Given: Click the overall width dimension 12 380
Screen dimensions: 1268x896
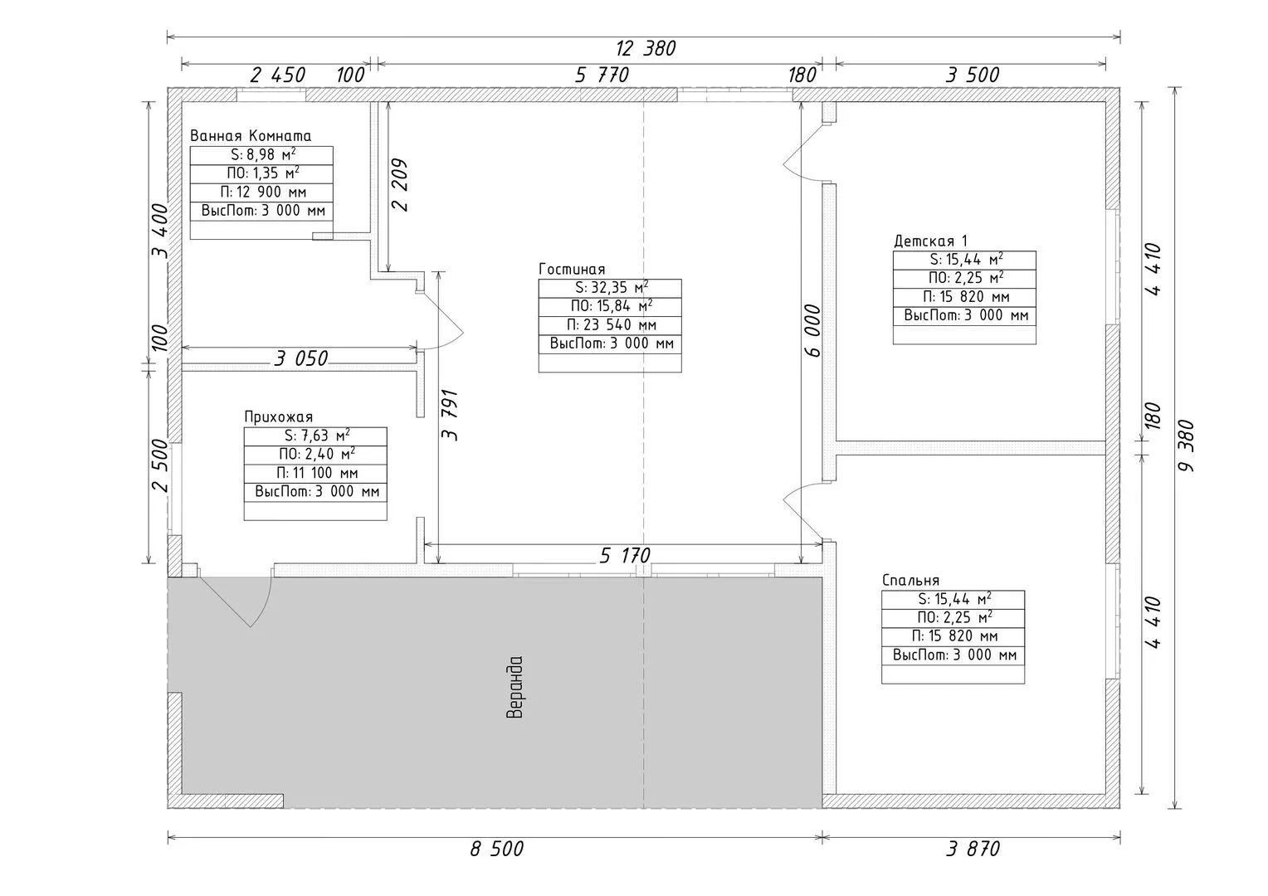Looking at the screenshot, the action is tap(646, 49).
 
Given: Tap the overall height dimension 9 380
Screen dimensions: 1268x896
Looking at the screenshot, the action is tap(1185, 446).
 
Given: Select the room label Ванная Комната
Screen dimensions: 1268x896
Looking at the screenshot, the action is tap(251, 136).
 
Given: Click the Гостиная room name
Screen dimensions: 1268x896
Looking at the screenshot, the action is tap(572, 269).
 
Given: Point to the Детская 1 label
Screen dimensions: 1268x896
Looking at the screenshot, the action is tap(930, 241).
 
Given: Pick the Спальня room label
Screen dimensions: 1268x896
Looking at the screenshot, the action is tap(911, 580).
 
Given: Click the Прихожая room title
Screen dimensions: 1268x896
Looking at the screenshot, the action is tap(279, 417).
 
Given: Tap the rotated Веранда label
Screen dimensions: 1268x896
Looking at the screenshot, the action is tap(515, 687).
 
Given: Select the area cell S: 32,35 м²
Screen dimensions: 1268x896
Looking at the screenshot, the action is tap(610, 288).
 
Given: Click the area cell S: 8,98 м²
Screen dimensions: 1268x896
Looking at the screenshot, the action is tap(261, 155).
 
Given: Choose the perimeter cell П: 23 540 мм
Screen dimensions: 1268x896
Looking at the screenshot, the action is tap(610, 325).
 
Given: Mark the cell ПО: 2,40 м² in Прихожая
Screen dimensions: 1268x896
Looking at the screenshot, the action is tap(316, 455).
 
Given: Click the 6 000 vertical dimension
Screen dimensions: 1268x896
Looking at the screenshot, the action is tap(812, 330).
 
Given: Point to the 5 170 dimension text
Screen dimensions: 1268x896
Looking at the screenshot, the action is tap(625, 556).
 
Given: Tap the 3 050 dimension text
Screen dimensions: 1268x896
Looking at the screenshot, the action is tap(300, 358).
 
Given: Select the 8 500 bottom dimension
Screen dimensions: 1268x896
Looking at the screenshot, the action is tap(497, 849).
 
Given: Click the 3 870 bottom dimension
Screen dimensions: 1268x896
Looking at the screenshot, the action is tap(973, 849).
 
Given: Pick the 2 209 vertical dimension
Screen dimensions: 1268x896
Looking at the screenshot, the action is tap(400, 185).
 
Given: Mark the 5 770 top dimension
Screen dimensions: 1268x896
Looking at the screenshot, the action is tap(602, 75).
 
